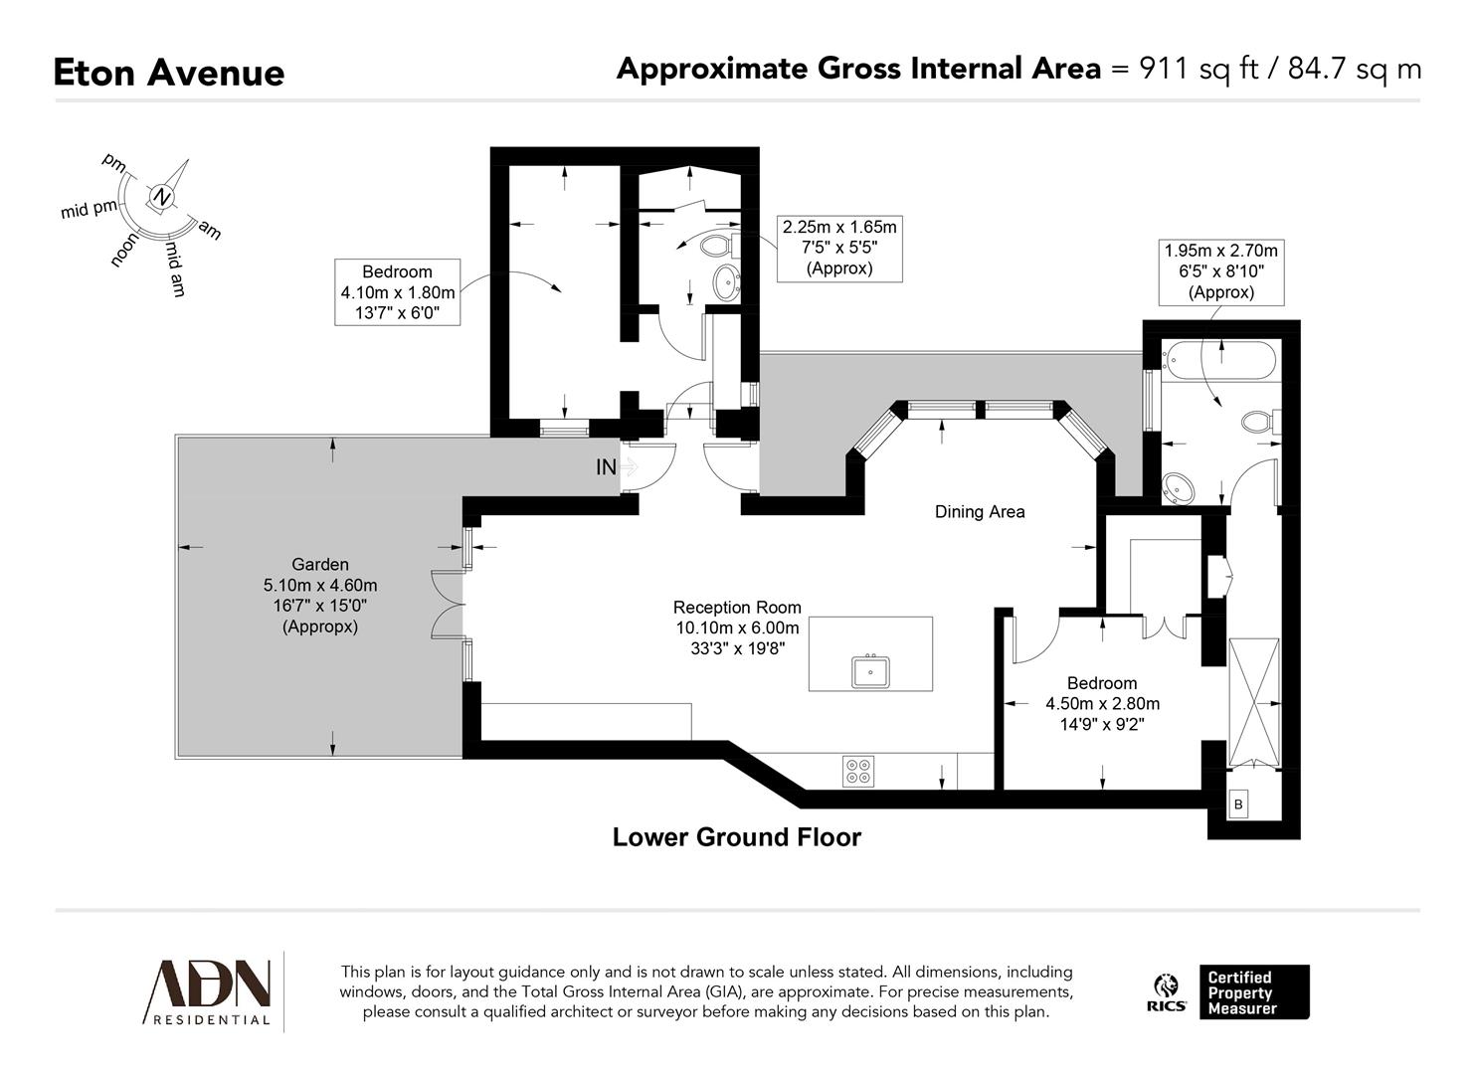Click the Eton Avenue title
tap(168, 73)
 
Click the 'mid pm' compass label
tap(89, 209)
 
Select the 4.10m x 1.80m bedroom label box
tap(397, 292)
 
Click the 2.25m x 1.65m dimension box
tap(838, 249)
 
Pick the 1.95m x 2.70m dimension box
tap(1220, 271)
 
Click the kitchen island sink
tap(870, 672)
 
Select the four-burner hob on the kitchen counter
tap(858, 771)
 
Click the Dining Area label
tap(979, 512)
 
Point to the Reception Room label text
tap(736, 607)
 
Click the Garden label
tap(319, 564)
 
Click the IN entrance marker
tap(606, 466)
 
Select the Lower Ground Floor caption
tap(736, 837)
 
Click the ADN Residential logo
tap(209, 991)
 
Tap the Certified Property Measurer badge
tap(1253, 991)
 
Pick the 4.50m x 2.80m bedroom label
tap(1101, 703)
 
